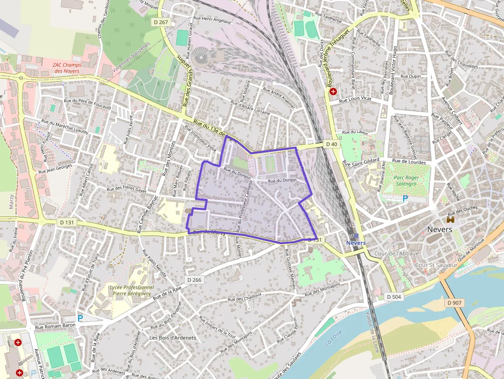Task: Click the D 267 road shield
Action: [x=161, y=22]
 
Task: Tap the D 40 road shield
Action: [x=332, y=145]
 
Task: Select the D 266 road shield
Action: [x=194, y=280]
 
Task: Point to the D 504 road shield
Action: [x=393, y=297]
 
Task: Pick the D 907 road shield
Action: [x=455, y=303]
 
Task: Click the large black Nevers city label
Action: [x=440, y=229]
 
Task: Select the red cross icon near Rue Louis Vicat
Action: [x=333, y=92]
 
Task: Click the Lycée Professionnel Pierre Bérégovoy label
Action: [x=132, y=291]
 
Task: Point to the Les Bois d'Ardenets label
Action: [x=173, y=338]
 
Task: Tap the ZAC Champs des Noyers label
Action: [x=67, y=68]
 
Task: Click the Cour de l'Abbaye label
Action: [x=397, y=254]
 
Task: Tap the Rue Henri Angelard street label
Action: [x=212, y=20]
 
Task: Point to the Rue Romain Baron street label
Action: [x=55, y=326]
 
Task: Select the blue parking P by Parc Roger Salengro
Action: [x=405, y=198]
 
